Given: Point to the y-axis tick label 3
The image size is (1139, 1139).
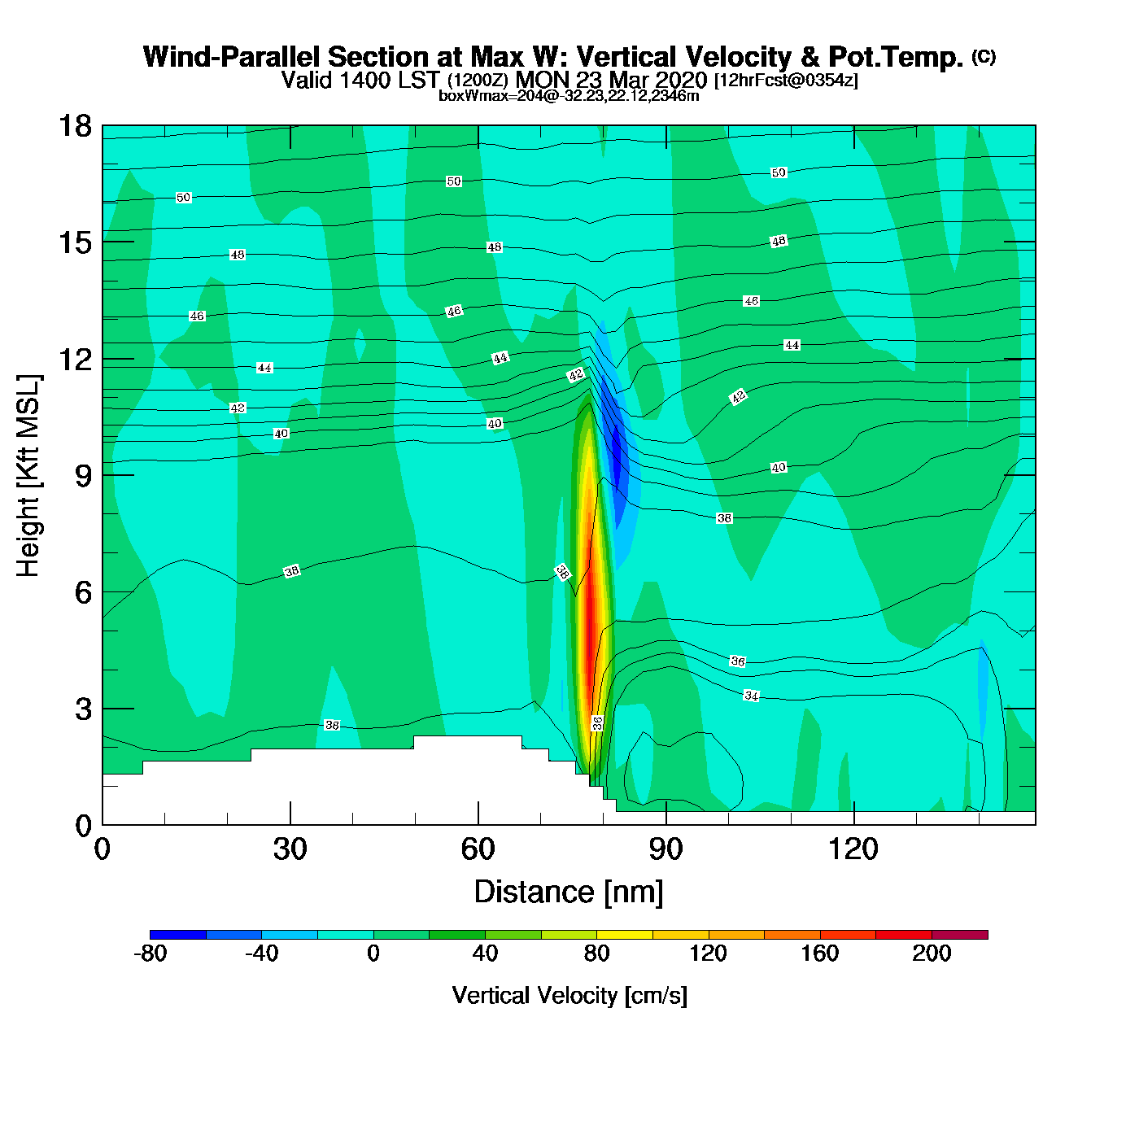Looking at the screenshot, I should pos(83,709).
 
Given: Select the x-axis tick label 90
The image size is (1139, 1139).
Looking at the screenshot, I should pos(666,850).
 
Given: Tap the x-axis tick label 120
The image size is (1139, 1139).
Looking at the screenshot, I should pos(853,850).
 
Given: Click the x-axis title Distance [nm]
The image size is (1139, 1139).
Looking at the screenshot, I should pos(569,892).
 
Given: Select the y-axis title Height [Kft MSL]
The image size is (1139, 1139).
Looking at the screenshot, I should pos(28,476).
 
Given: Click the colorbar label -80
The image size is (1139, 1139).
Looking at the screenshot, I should pos(150,954).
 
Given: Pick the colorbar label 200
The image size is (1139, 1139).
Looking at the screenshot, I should pos(932,954).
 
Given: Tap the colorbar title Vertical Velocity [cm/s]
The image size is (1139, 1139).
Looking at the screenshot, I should pos(569,996).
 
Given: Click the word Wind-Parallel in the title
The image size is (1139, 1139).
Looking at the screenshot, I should pos(232,57).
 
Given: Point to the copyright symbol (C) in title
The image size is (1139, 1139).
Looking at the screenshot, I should pos(984,56).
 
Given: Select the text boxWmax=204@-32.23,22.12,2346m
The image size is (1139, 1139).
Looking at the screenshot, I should pos(569,96).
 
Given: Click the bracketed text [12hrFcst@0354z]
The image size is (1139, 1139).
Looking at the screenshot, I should pos(786,81).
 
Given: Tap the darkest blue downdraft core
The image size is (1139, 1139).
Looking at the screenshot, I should pos(616,452).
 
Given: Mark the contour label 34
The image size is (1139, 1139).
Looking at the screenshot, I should pos(752,696).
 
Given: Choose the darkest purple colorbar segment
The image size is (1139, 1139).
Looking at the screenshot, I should pos(959,935).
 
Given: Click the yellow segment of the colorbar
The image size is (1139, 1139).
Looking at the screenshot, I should pos(624,935).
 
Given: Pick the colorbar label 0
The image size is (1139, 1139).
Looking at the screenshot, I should pos(373,954).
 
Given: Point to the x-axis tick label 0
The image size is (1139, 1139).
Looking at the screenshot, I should pos(103,850).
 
